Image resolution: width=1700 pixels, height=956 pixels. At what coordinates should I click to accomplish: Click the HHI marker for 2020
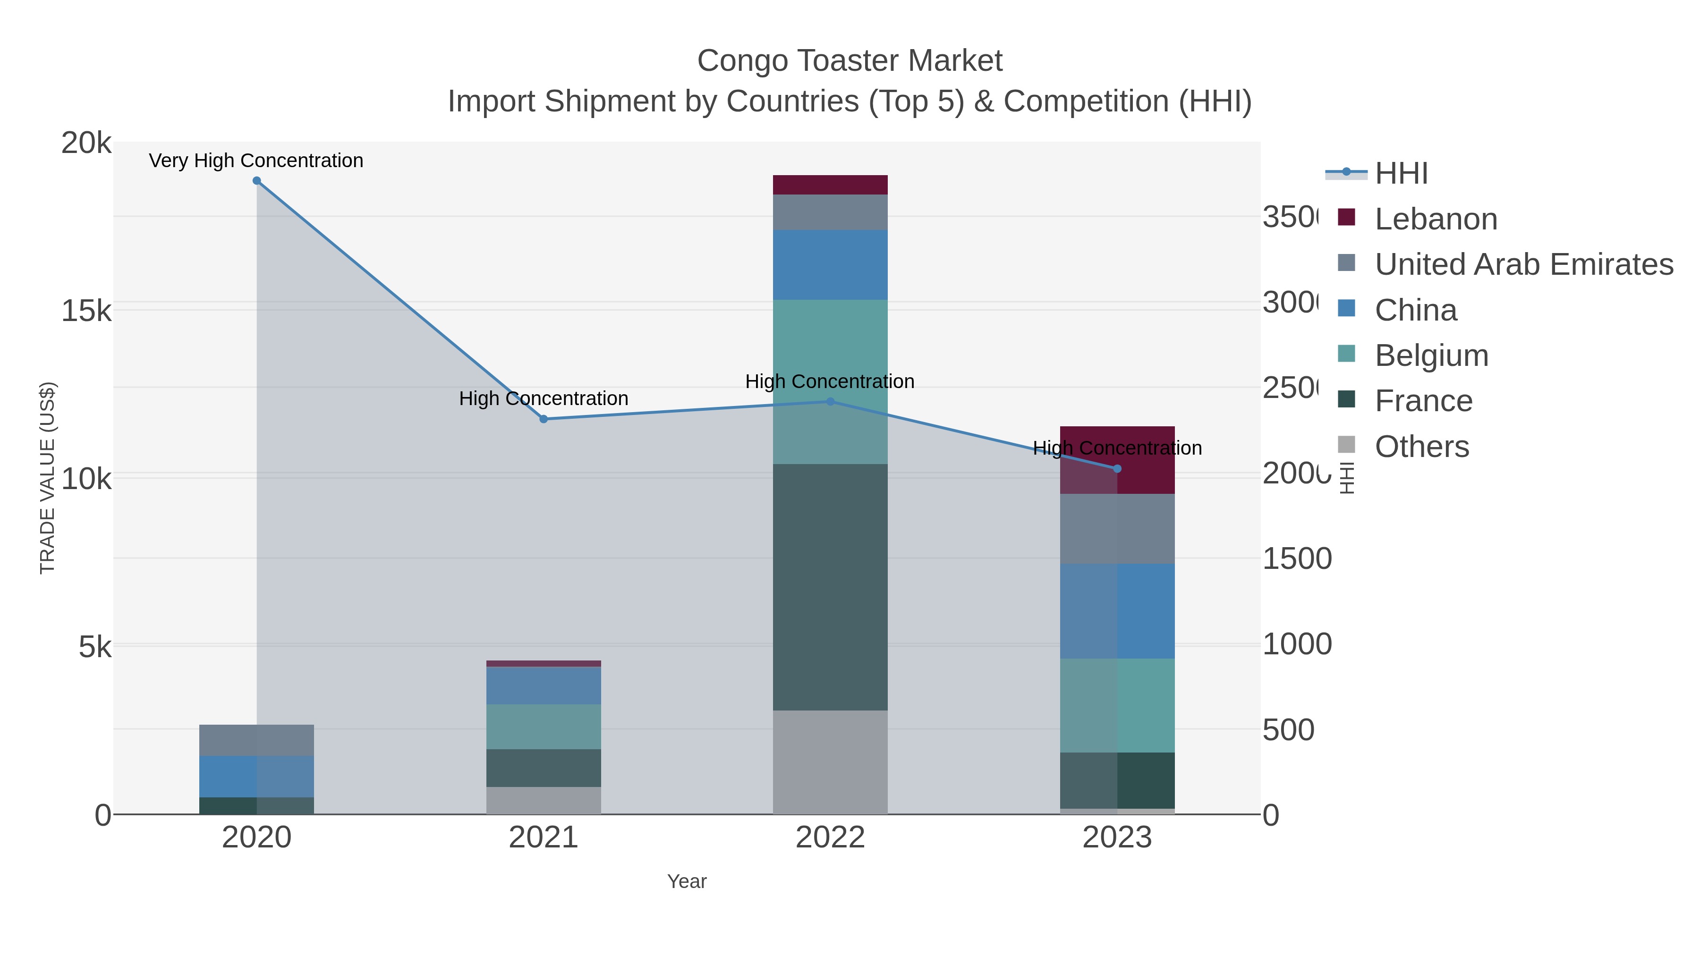[257, 181]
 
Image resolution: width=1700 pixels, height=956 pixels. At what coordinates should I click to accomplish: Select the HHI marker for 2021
[544, 419]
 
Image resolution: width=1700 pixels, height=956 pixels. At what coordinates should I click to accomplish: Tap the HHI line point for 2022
[830, 401]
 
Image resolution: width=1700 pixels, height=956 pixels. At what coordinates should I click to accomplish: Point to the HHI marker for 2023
[1117, 469]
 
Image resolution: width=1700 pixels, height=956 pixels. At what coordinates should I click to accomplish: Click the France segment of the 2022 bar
[830, 587]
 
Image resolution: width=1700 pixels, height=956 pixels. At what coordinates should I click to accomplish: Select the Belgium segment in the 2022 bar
[830, 381]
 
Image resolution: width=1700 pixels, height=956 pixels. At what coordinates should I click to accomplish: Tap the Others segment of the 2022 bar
[830, 762]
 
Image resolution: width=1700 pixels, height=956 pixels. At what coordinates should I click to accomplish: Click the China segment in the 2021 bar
[544, 686]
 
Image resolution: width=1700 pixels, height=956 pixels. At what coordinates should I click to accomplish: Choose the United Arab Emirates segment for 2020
[257, 740]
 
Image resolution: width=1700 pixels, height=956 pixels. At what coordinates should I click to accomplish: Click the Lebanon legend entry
[1436, 219]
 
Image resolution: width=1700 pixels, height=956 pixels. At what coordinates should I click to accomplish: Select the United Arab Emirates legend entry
[1523, 264]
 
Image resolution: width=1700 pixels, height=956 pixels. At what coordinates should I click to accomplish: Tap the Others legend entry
[1421, 447]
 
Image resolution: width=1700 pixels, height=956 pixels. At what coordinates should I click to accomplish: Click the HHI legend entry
[1401, 174]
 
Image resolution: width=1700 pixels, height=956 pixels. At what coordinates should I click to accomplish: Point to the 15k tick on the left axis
[86, 311]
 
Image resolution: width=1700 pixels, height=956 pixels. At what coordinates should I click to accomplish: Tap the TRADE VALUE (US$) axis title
[48, 478]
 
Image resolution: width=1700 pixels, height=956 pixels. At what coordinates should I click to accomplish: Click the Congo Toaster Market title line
[850, 61]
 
